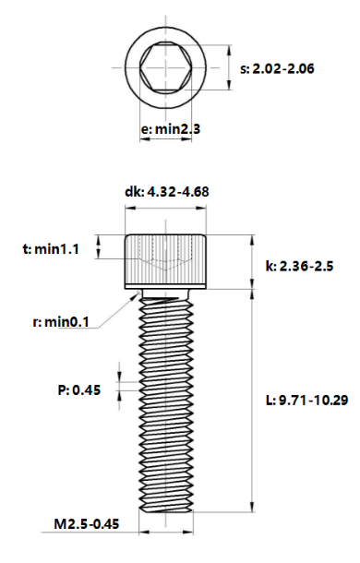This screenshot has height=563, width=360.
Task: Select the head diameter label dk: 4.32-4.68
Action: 165,192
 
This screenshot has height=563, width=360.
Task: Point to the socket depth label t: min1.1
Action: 52,249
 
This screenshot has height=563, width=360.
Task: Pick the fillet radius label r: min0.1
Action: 57,322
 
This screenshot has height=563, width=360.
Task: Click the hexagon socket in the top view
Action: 165,67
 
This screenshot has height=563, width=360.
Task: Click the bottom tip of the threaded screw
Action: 166,510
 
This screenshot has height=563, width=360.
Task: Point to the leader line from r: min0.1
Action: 115,310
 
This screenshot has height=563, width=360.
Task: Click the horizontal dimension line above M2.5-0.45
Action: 166,533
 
